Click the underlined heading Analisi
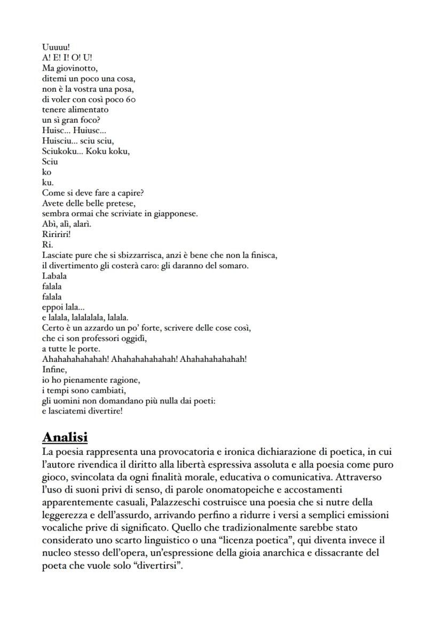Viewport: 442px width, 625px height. [65, 437]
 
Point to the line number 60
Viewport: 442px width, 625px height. [131, 99]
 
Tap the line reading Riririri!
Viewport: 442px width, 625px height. [57, 234]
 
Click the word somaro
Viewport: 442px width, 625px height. [234, 265]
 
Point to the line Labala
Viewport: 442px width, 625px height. [54, 276]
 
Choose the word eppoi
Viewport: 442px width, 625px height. [52, 307]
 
